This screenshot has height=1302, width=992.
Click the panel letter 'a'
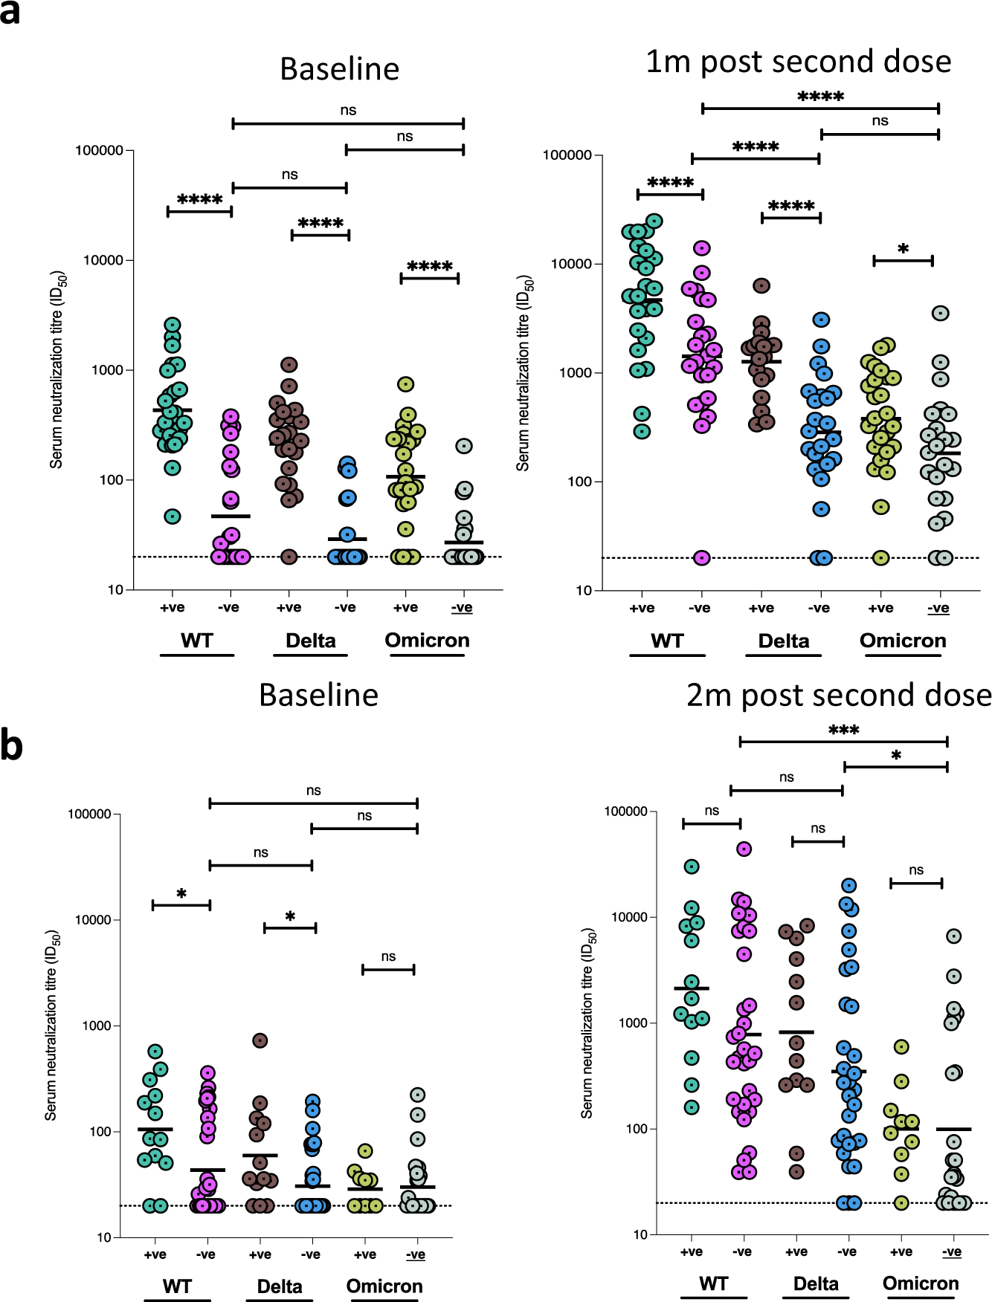click(x=10, y=13)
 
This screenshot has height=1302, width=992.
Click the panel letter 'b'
click(x=11, y=745)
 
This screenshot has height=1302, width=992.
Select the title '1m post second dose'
click(x=798, y=61)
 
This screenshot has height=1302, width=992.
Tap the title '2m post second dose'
click(x=838, y=695)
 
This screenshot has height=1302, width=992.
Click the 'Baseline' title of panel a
click(x=339, y=68)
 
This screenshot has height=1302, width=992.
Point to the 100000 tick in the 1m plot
click(x=568, y=155)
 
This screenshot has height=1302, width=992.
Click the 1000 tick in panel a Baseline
click(x=107, y=370)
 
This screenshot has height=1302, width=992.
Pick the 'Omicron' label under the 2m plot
click(x=920, y=1283)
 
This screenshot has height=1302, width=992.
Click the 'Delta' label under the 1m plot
click(x=783, y=641)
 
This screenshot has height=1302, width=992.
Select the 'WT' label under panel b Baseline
click(x=177, y=1286)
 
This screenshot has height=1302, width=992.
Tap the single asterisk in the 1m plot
click(x=903, y=249)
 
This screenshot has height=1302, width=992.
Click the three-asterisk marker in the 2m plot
click(x=843, y=730)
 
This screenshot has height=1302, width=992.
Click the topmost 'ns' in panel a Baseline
click(x=348, y=110)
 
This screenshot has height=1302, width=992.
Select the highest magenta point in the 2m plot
click(x=744, y=849)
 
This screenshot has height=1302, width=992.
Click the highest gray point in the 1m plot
click(x=940, y=313)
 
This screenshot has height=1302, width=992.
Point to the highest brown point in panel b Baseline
click(x=260, y=1040)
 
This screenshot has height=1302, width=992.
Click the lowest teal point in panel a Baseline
click(x=172, y=516)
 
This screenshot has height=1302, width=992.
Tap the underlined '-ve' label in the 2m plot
click(x=951, y=1251)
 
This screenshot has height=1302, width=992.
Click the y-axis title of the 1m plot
click(x=524, y=372)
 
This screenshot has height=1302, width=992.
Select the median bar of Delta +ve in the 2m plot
click(x=796, y=1032)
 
